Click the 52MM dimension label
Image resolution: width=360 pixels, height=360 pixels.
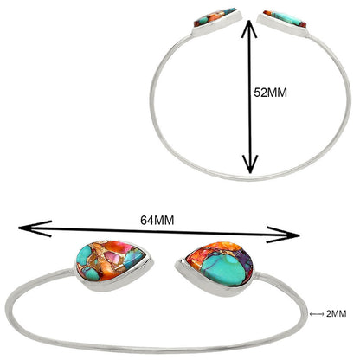(x=270, y=93)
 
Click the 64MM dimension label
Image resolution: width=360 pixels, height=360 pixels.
(x=157, y=221)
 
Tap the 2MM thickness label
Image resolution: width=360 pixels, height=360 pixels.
(x=336, y=314)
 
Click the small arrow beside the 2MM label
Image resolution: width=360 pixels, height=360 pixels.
(x=317, y=314)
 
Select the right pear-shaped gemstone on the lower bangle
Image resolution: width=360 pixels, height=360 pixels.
(x=221, y=264)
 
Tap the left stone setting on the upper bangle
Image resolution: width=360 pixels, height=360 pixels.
(x=217, y=22)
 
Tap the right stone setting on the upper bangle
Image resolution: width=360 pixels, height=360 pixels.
(x=283, y=23)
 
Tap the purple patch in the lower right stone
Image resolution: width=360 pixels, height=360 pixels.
(x=246, y=260)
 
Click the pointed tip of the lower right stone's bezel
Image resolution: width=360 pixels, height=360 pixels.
(x=176, y=264)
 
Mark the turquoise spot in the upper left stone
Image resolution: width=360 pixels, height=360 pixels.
(x=203, y=20)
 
